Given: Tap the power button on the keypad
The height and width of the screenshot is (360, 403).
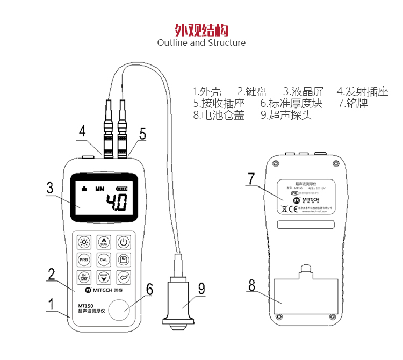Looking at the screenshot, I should coord(124,242).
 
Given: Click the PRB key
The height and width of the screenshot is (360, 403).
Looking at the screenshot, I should coord(84,260).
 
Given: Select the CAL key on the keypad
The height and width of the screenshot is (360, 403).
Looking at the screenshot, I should coord(104,260).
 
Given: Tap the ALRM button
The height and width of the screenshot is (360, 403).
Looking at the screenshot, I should coord(104,277).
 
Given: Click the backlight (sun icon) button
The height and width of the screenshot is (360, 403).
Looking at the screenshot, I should coord(84,242).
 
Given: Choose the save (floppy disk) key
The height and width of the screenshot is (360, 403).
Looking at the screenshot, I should coord(124,260).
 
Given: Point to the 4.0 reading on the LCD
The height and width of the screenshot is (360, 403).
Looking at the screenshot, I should coord(116,203).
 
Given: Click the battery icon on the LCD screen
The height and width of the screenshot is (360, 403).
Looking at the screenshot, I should coord(123,189).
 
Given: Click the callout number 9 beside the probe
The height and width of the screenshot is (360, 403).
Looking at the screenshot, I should coord(201,289).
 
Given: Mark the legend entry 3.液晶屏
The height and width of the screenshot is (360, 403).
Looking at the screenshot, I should coord(304,91).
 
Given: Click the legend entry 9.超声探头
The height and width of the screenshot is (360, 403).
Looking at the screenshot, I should coord(286,115).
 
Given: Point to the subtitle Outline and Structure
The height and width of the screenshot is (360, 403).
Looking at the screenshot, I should coord(201,42).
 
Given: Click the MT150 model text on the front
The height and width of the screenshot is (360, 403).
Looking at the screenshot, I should coord(80,307).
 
